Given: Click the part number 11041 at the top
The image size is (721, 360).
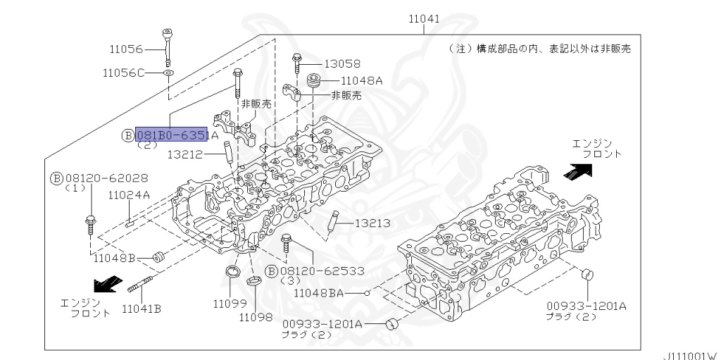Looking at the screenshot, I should pos(425,19).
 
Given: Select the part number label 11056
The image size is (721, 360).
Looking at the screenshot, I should pos(126,49).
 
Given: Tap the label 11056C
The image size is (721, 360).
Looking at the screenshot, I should pos(123,73).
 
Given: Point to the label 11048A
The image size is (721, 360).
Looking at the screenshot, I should pos(361,80).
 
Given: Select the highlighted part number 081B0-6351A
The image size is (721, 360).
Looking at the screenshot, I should pos(171,135).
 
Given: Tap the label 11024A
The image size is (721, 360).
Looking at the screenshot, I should pos(129,195).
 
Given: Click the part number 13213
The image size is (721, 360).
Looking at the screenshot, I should pos(373,223).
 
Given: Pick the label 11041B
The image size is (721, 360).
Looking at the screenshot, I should pos(141,308).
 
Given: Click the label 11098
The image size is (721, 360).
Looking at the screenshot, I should pos(255,317).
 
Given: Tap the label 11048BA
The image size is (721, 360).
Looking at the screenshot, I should pos(318,292).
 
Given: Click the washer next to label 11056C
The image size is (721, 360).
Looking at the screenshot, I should pos(170,73).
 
